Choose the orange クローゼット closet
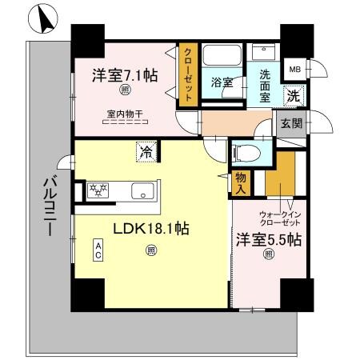pyautogui.click(x=187, y=74)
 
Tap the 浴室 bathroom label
pyautogui.click(x=221, y=82)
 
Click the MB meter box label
pyautogui.click(x=295, y=70)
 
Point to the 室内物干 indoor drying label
pyautogui.click(x=125, y=114)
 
